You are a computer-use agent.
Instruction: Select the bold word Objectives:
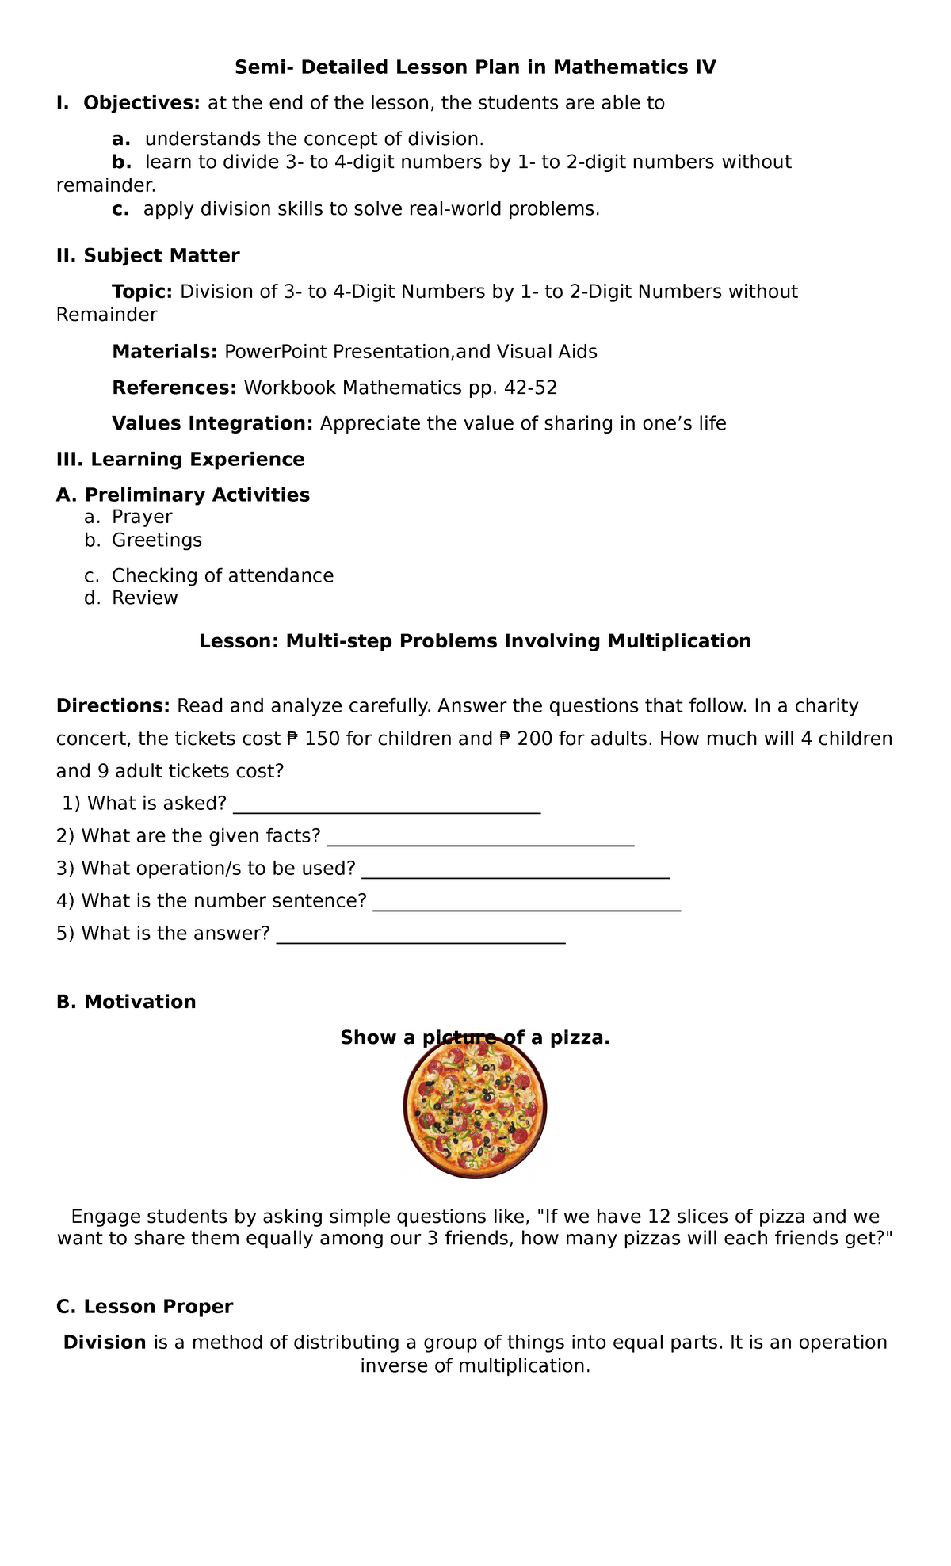pyautogui.click(x=142, y=103)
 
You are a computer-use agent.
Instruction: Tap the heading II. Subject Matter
pyautogui.click(x=147, y=256)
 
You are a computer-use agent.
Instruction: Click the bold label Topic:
pyautogui.click(x=142, y=292)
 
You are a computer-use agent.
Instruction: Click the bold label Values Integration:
pyautogui.click(x=212, y=423)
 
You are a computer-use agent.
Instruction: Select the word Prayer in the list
pyautogui.click(x=142, y=517)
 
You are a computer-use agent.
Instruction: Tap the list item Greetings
pyautogui.click(x=157, y=540)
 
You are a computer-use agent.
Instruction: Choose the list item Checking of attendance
pyautogui.click(x=222, y=575)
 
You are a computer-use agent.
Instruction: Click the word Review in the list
pyautogui.click(x=145, y=598)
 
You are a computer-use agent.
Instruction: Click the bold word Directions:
pyautogui.click(x=113, y=705)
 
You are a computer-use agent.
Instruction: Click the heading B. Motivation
pyautogui.click(x=126, y=1002)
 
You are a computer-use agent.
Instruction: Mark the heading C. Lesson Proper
pyautogui.click(x=144, y=1306)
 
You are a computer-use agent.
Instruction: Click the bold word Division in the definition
pyautogui.click(x=105, y=1342)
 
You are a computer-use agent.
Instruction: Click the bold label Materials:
pyautogui.click(x=164, y=351)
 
